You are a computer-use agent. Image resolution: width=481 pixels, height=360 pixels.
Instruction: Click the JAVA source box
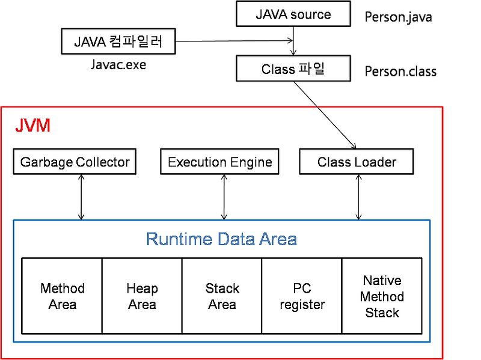click(x=293, y=14)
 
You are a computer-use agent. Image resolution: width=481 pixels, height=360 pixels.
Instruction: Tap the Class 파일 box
click(x=293, y=69)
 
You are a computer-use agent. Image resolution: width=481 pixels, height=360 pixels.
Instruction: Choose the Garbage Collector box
click(x=75, y=162)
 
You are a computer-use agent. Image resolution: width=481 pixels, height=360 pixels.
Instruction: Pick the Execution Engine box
click(x=219, y=162)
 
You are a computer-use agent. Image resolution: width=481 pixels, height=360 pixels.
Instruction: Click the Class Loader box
click(x=357, y=162)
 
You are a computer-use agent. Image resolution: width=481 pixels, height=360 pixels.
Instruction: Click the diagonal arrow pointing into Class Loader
click(x=334, y=126)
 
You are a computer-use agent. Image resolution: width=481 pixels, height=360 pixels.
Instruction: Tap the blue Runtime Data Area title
click(x=221, y=239)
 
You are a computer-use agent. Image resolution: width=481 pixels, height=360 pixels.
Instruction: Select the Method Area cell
click(x=62, y=296)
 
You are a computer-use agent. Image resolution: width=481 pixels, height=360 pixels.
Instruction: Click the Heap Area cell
click(x=142, y=296)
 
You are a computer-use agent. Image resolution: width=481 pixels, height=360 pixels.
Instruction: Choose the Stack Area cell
click(x=222, y=296)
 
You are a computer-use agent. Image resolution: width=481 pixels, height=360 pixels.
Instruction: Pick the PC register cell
click(x=302, y=296)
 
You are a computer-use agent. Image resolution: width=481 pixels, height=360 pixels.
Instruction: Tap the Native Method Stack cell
click(x=382, y=296)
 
